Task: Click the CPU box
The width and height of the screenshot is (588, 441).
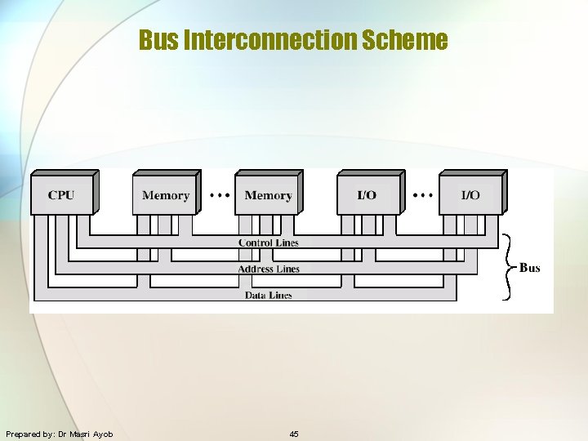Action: tap(61, 195)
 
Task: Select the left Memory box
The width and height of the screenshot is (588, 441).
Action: tap(165, 195)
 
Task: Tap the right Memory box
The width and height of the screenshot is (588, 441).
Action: tap(268, 195)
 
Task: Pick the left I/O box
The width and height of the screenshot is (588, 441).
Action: tap(367, 195)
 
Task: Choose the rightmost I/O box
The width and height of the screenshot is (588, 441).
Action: tap(470, 195)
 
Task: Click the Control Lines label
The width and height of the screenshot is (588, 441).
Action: tap(269, 243)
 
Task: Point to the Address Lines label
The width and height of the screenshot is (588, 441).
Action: tap(269, 269)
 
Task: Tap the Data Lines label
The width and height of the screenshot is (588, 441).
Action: tap(269, 295)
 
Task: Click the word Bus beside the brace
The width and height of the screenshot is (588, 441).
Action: tap(529, 268)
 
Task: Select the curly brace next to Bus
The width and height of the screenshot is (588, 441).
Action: tap(508, 267)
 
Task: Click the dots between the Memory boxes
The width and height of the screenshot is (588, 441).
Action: tap(219, 195)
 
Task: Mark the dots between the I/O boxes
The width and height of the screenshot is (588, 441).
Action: tap(422, 195)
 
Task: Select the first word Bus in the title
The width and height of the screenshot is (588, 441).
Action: tap(159, 39)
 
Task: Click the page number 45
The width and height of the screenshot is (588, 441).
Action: tap(294, 434)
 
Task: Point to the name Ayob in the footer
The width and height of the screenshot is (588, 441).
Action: tap(103, 434)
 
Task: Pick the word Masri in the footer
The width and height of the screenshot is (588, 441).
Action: tap(80, 434)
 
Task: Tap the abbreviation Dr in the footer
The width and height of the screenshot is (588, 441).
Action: tap(62, 434)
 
